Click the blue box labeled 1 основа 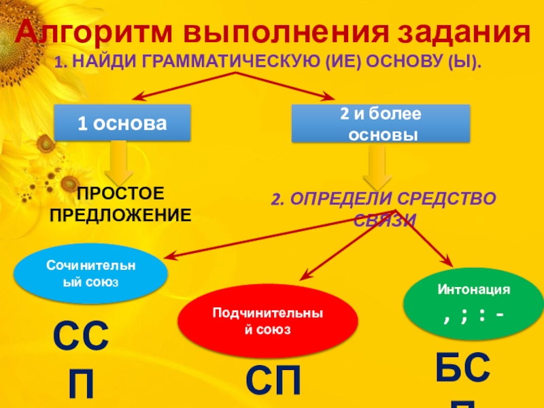tap(122, 122)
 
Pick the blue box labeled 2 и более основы tap(381, 123)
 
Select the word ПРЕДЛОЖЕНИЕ tap(120, 215)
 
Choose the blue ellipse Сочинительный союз tap(90, 272)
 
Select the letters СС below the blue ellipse tap(82, 339)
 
